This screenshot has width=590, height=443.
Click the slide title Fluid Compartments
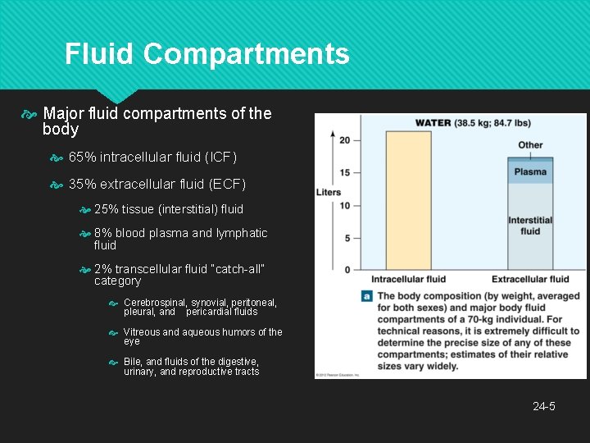[207, 54]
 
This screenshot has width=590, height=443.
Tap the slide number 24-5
[544, 406]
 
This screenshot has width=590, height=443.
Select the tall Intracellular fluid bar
[407, 200]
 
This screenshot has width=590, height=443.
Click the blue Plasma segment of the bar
[530, 172]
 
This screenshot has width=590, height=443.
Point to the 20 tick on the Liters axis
[344, 140]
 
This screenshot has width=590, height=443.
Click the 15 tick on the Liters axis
[344, 172]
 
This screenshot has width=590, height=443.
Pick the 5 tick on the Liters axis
[347, 238]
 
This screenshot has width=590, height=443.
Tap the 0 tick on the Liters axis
[347, 269]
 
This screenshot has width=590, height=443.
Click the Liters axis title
[328, 192]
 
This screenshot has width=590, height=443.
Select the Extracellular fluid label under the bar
[530, 280]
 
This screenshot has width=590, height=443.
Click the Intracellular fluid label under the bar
[408, 280]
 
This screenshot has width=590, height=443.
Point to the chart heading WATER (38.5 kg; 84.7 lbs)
[472, 123]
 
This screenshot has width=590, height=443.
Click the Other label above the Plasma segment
[530, 145]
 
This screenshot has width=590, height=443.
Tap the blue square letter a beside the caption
[366, 296]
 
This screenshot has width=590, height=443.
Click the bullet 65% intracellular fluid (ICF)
[152, 156]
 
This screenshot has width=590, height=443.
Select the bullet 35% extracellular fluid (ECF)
[157, 183]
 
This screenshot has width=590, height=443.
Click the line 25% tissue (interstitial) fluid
[169, 209]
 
